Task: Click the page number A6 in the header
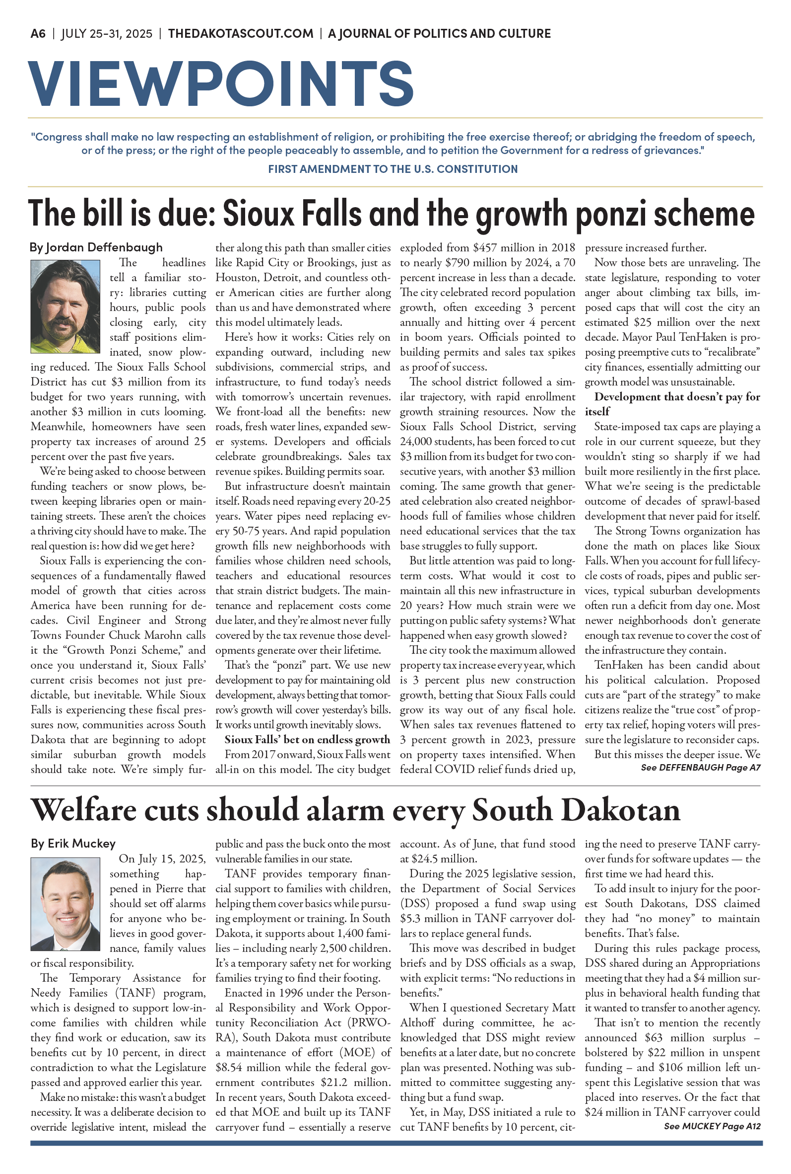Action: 38,33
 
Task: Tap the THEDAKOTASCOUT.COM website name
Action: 241,33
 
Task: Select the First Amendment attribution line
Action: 393,168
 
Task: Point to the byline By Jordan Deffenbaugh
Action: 96,247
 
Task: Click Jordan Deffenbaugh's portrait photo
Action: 65,306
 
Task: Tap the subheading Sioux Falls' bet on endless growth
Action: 307,740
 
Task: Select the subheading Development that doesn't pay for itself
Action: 672,404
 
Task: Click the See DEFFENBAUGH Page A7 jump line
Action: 700,768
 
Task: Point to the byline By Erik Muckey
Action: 73,843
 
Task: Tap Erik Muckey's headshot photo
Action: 65,904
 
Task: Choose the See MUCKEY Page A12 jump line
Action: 712,1126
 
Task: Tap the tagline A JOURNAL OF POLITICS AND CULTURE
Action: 439,33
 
